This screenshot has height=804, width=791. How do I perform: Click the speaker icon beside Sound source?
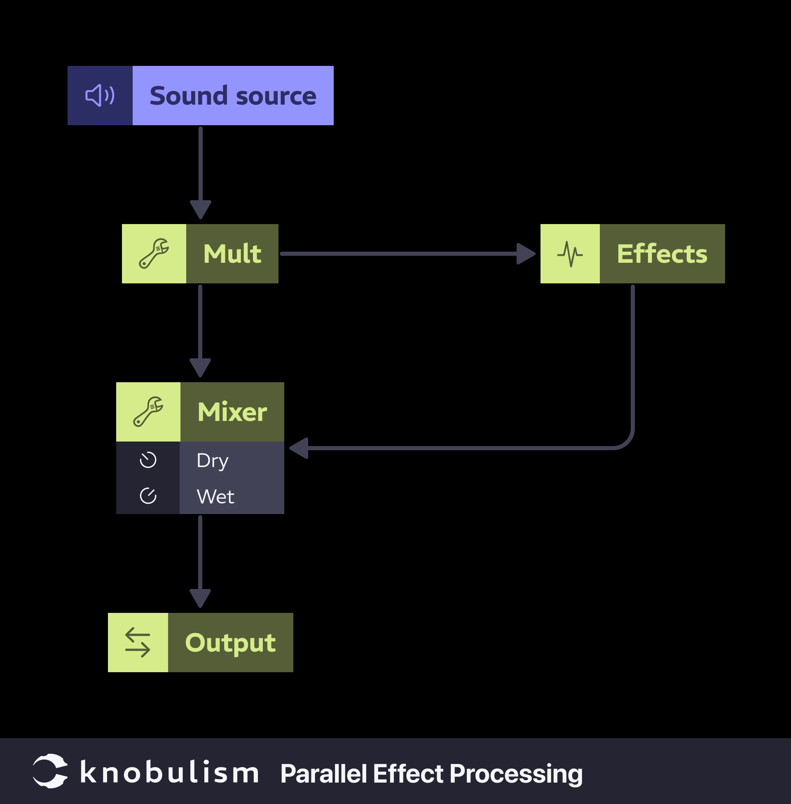[x=100, y=96]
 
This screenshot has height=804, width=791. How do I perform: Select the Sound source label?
[x=233, y=96]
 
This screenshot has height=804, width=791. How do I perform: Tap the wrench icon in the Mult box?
[x=154, y=254]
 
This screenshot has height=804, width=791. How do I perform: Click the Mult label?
[x=232, y=254]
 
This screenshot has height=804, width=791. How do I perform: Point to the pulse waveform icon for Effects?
[x=570, y=254]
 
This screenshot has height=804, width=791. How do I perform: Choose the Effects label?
[x=662, y=254]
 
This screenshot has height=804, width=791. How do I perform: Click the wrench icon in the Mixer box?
[x=148, y=411]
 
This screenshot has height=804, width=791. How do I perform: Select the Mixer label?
[x=232, y=412]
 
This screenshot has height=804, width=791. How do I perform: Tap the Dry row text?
[x=212, y=460]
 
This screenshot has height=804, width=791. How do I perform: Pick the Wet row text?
[x=215, y=497]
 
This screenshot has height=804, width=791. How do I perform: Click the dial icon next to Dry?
[x=148, y=460]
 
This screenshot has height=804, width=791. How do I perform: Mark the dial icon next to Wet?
[x=148, y=496]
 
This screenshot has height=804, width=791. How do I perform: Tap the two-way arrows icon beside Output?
[x=138, y=643]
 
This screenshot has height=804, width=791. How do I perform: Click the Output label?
[x=230, y=643]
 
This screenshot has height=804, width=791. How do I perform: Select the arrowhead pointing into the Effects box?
[x=526, y=254]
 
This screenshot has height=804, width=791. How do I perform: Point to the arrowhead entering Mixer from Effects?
[x=299, y=448]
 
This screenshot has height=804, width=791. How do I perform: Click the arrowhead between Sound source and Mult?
[x=201, y=209]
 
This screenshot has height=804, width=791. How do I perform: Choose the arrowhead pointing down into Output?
[x=200, y=598]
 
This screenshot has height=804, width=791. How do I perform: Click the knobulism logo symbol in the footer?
[x=50, y=771]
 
